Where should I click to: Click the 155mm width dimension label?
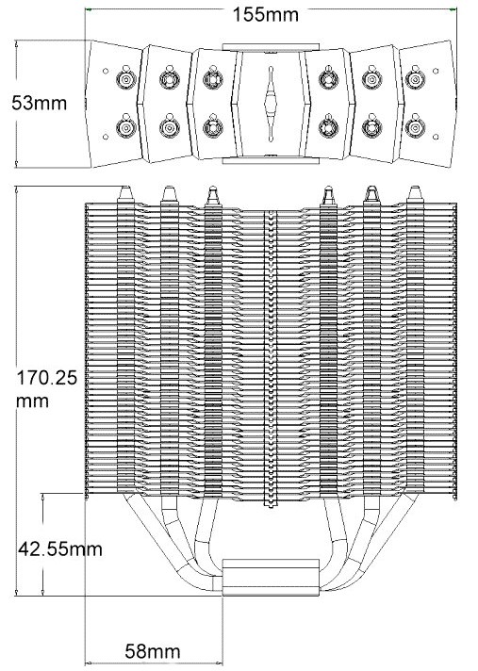point(265,15)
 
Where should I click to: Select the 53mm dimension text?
point(40,103)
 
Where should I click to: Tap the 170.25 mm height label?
point(46,389)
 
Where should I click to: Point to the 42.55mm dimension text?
point(60,549)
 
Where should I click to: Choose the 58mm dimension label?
point(153,652)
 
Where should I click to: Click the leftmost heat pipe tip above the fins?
point(125,193)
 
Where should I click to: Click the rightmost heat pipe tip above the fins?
point(414,193)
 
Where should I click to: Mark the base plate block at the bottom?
point(271,578)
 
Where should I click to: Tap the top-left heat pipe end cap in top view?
point(126,78)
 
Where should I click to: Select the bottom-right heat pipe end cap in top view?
point(415,126)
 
